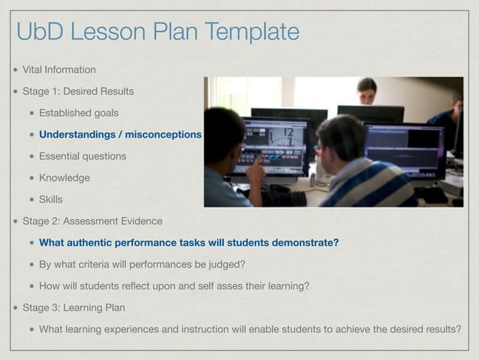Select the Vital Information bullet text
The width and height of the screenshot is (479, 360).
click(x=59, y=70)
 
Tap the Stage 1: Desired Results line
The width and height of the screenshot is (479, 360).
click(x=78, y=92)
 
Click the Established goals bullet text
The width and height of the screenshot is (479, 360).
click(x=79, y=113)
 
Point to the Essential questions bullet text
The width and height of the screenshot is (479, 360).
click(x=83, y=156)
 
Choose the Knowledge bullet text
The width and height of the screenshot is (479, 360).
click(x=65, y=178)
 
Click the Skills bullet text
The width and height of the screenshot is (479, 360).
click(x=51, y=200)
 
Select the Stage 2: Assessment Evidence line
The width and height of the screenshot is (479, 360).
click(x=92, y=221)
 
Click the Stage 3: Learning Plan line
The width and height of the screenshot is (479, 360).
click(x=74, y=307)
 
